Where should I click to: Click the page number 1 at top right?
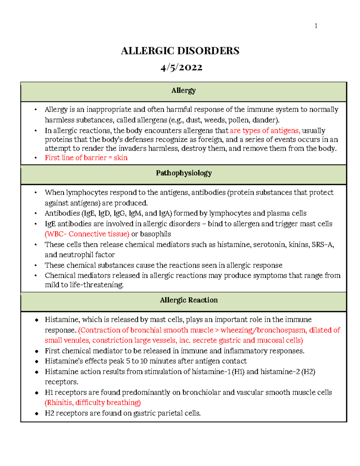pyautogui.click(x=316, y=26)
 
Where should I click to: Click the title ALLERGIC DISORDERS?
pyautogui.click(x=180, y=51)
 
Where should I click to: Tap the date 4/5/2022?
pyautogui.click(x=181, y=67)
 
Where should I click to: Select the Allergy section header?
pyautogui.click(x=184, y=90)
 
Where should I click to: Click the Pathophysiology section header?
pyautogui.click(x=184, y=173)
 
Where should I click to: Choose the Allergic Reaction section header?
pyautogui.click(x=189, y=300)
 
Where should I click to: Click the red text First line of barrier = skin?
pyautogui.click(x=86, y=158)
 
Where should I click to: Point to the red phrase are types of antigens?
pyautogui.click(x=265, y=131)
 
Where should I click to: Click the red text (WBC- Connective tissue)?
pyautogui.click(x=87, y=234)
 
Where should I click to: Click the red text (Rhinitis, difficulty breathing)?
pyautogui.click(x=93, y=403)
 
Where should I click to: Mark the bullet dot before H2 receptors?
pyautogui.click(x=37, y=413)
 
